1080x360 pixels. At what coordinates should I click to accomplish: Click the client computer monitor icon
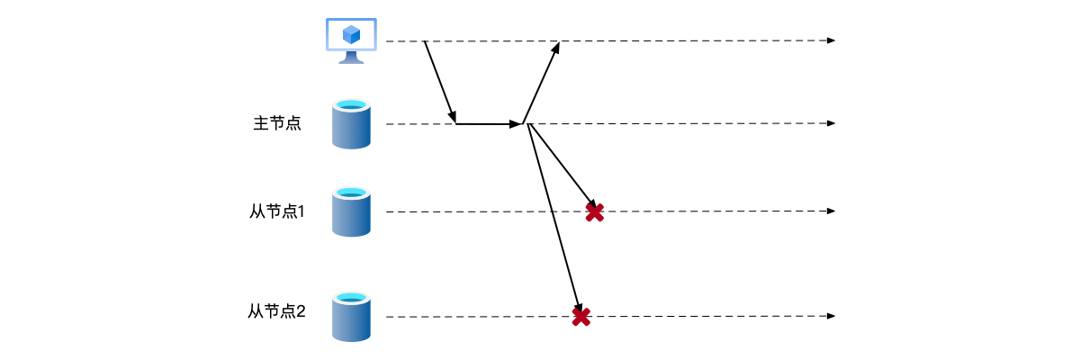click(x=351, y=38)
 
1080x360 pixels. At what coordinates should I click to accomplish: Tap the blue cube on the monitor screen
click(x=351, y=35)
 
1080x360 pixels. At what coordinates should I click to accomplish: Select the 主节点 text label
click(x=276, y=123)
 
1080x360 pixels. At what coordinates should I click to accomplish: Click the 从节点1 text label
click(x=277, y=211)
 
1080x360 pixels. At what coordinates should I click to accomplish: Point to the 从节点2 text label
click(x=277, y=312)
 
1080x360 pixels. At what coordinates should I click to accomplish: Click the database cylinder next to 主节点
click(x=351, y=124)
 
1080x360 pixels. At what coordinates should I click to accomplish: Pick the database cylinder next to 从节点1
click(x=351, y=211)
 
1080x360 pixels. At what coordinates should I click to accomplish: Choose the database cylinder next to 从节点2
click(x=351, y=316)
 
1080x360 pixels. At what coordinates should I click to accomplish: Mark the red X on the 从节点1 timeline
click(x=594, y=212)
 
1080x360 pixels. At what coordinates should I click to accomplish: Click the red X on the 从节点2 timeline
click(x=581, y=317)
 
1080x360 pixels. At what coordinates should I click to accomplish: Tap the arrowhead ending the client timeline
click(x=832, y=40)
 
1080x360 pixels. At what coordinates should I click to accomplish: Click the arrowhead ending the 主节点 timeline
click(x=832, y=123)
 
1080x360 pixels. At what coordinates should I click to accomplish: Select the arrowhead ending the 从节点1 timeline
click(x=832, y=211)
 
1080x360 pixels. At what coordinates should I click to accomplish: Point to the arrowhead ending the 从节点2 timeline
click(x=832, y=316)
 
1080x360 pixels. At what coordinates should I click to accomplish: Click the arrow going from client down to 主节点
click(x=440, y=82)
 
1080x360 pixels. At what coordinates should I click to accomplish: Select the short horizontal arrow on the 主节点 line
click(x=489, y=123)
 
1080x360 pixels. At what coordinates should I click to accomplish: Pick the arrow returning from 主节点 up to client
click(x=541, y=82)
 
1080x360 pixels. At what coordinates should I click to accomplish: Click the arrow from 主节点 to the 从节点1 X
click(x=561, y=166)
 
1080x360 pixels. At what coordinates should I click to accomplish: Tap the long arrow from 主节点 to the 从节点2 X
click(x=554, y=220)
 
